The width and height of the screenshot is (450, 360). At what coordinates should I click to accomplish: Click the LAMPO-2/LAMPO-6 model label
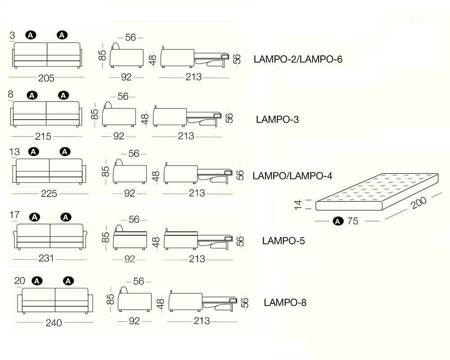click(298, 59)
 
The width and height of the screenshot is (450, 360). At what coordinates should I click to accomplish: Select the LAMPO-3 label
click(277, 119)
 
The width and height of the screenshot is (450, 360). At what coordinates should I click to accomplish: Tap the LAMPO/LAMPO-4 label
click(292, 175)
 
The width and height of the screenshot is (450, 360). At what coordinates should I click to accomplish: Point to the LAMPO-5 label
click(283, 241)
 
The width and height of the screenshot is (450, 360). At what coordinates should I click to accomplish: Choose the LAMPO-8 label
click(285, 302)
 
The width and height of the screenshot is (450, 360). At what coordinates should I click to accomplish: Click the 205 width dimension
click(46, 78)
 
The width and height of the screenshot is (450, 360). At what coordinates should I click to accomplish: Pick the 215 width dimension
click(43, 136)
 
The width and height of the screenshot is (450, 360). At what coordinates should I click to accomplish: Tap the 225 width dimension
click(49, 193)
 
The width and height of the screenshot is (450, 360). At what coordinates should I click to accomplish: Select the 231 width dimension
click(46, 258)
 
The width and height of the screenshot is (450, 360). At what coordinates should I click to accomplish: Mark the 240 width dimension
click(54, 323)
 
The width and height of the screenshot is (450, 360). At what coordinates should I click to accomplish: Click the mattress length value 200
click(418, 202)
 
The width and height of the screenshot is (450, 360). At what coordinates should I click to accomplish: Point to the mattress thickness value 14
click(298, 205)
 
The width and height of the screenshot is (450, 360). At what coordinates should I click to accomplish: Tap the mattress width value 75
click(353, 221)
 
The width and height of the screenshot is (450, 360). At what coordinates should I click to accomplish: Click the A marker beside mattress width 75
click(338, 221)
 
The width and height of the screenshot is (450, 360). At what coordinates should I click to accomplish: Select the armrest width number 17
click(14, 215)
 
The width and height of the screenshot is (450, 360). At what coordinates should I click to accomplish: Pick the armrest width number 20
click(19, 280)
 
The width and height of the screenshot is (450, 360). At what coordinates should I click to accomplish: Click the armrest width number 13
click(14, 152)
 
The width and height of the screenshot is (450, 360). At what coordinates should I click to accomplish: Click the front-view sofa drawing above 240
click(55, 301)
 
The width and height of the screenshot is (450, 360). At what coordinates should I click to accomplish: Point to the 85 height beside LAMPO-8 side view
click(110, 299)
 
